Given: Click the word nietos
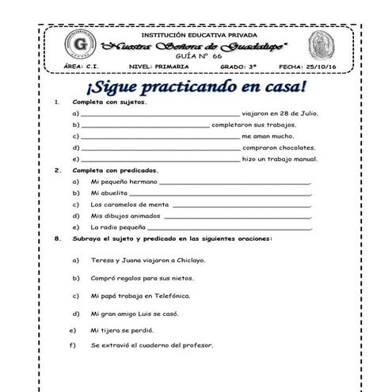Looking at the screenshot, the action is tap(182, 278).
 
